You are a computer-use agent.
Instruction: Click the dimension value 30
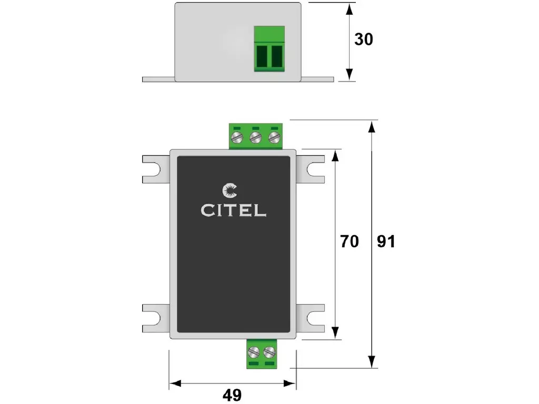(363, 39)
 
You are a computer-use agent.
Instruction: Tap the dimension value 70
(349, 241)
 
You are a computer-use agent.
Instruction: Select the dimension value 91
(386, 241)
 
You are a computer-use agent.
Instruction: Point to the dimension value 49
(232, 395)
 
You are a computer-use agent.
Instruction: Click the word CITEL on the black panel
(233, 210)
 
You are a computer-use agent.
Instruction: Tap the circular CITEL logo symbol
(230, 191)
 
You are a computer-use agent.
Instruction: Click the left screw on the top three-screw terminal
(238, 138)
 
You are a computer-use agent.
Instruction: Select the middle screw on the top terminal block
(256, 138)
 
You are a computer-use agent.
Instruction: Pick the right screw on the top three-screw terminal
(273, 138)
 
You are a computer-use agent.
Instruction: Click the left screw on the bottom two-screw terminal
(253, 351)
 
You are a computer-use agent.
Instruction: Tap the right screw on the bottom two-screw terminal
(269, 351)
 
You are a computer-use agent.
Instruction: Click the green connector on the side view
(269, 48)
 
